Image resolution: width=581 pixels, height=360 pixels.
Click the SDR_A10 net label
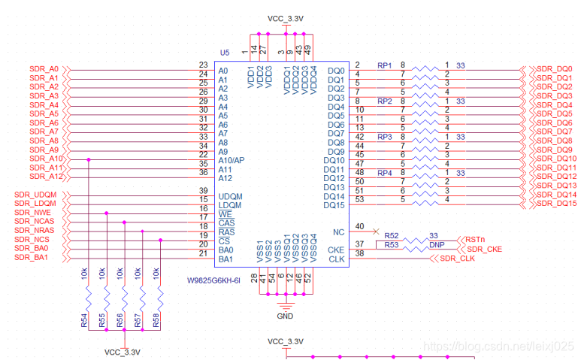tap(46, 159)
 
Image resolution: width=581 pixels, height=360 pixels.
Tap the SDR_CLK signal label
tap(457, 259)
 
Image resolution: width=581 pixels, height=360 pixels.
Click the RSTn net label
tap(475, 240)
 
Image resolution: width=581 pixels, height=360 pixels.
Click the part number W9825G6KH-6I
tap(213, 280)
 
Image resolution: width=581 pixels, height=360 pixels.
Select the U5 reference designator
tap(225, 53)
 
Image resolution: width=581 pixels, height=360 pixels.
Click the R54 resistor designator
tap(84, 320)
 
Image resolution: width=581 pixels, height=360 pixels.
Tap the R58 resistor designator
tap(156, 320)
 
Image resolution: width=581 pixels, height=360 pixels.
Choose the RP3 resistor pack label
tap(385, 137)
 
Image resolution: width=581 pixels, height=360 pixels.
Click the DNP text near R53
tap(437, 245)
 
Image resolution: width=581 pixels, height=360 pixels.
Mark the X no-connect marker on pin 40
tap(376, 231)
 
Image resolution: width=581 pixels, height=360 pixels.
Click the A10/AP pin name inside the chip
tap(231, 160)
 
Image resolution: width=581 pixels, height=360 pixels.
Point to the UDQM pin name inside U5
tap(230, 196)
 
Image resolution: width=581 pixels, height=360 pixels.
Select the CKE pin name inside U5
tap(336, 250)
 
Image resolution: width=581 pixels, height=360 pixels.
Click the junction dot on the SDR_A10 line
tap(89, 159)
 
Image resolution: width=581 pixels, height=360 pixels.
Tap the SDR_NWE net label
tap(32, 213)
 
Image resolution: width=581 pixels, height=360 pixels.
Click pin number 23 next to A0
tap(203, 65)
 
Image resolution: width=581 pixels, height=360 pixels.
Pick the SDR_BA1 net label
tap(31, 257)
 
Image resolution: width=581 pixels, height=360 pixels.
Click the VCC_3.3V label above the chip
tap(286, 19)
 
